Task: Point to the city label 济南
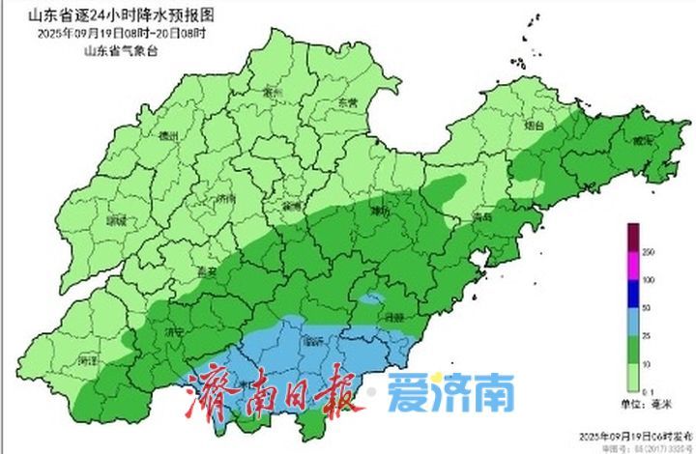[x=226, y=199]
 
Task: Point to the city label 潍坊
[x=381, y=212]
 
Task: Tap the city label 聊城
[x=119, y=220]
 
